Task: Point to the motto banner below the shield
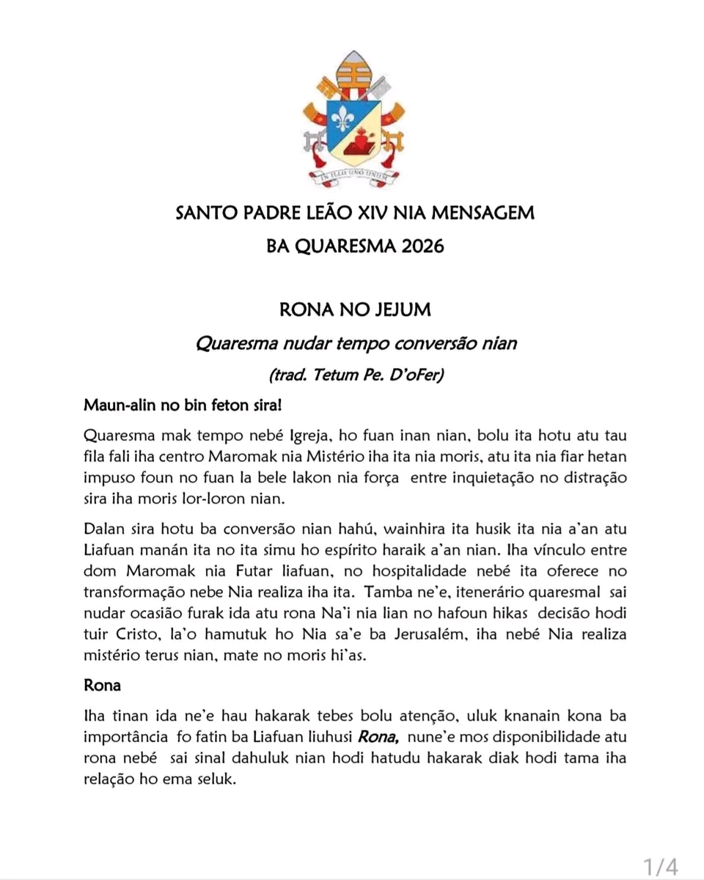tap(354, 175)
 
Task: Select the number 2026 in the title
tap(418, 246)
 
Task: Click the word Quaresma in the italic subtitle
tap(228, 342)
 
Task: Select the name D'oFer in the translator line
tap(415, 375)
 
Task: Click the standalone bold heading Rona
tap(103, 686)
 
